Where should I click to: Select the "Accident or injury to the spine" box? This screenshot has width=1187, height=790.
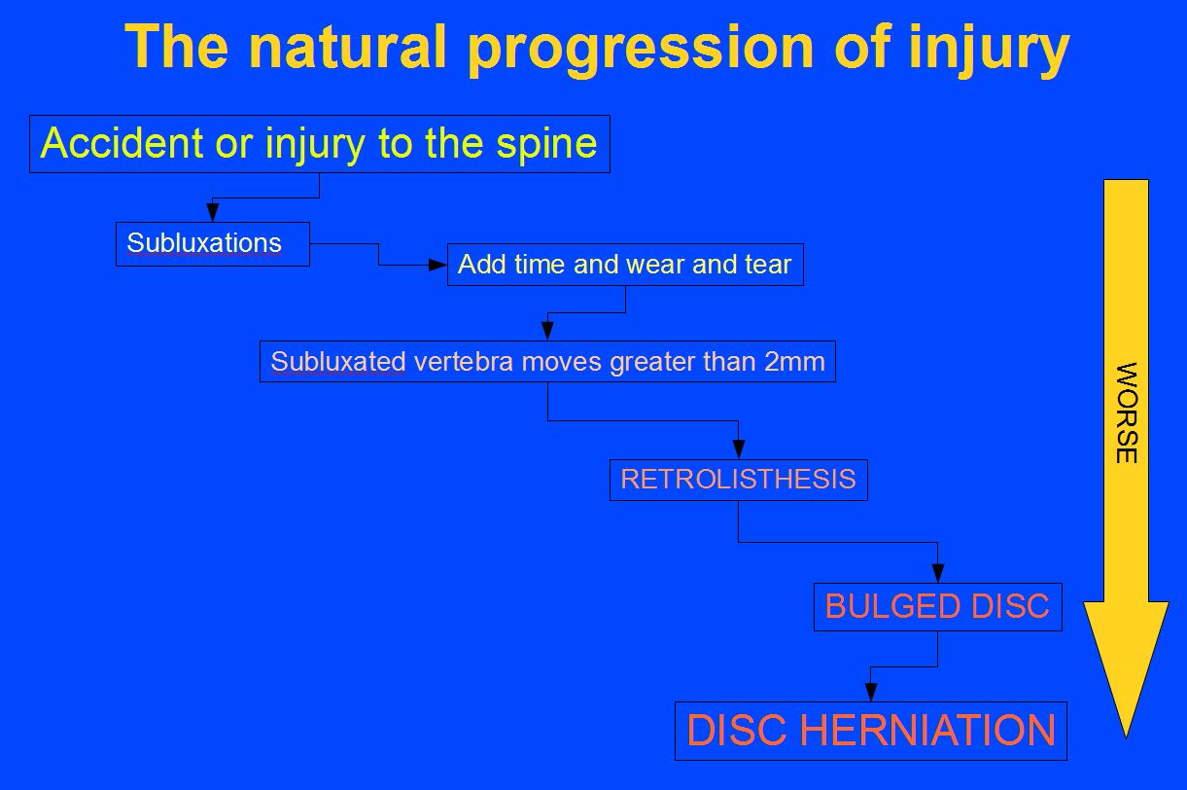tap(319, 144)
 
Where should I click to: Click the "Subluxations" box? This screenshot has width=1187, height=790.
tap(212, 243)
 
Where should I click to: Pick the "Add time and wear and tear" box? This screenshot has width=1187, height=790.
tap(625, 265)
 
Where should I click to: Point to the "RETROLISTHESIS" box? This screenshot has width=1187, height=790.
tap(738, 480)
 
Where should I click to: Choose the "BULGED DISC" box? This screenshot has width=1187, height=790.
tap(937, 607)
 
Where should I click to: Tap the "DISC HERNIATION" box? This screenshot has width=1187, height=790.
tap(870, 731)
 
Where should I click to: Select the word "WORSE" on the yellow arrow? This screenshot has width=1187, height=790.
tap(1126, 413)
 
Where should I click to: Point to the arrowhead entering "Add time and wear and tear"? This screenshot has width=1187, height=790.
tap(438, 265)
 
